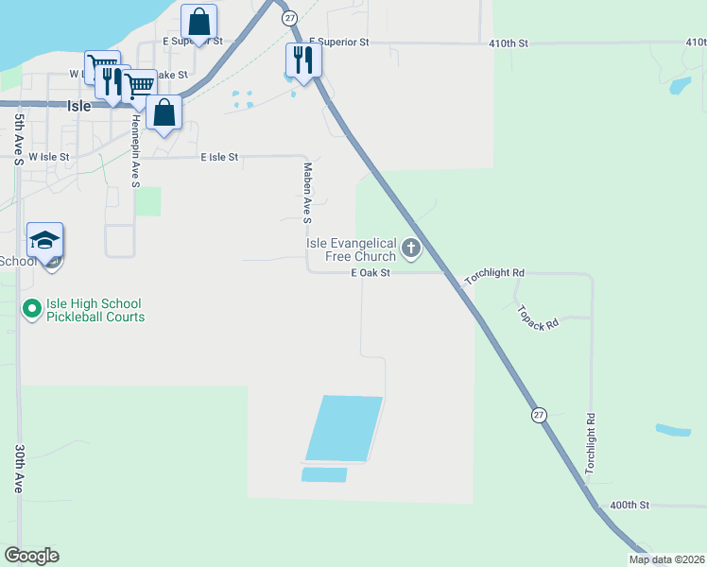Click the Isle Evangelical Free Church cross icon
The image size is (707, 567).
pos(410,249)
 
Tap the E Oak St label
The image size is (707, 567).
pos(370,273)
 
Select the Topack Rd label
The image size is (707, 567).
pos(539,317)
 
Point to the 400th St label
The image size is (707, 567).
pos(629,506)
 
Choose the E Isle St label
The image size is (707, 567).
pos(219,158)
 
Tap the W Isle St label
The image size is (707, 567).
pos(49,157)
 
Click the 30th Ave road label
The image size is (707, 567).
pos(18,470)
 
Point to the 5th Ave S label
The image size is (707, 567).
pos(18,139)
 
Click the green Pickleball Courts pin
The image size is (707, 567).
pos(31,308)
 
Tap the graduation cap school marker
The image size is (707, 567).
pos(45,242)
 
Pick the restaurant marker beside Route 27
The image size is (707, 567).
pos(303,60)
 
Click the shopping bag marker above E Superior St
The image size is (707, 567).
pos(198,22)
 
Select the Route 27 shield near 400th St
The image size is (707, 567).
pos(539,416)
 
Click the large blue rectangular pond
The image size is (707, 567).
pos(344,428)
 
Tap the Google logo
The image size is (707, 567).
pos(31,556)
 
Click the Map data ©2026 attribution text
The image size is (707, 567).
pos(666,559)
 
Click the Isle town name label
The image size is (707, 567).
pos(79,107)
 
